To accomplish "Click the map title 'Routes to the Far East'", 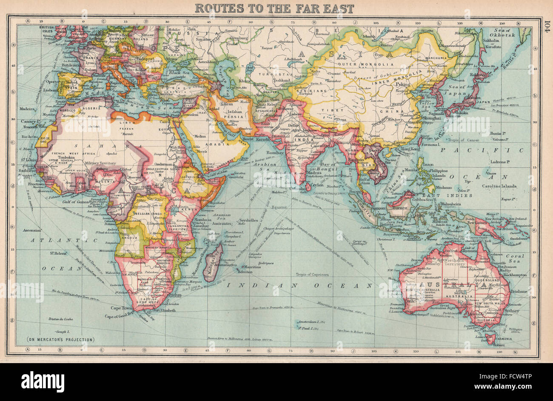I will tap(274, 8).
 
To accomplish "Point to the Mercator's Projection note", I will tap(61, 339).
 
